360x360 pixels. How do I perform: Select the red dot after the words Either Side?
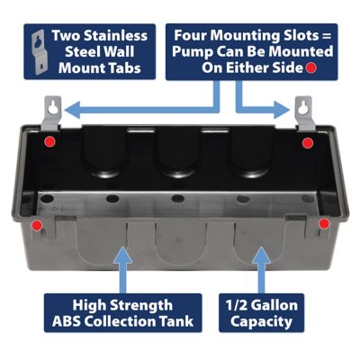(x=311, y=68)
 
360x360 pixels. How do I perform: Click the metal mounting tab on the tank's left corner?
(x=53, y=110)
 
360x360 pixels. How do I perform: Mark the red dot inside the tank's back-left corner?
(x=52, y=142)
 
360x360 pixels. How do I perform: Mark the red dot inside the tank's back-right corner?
(x=308, y=143)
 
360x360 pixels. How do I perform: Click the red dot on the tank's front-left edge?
(x=37, y=223)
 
